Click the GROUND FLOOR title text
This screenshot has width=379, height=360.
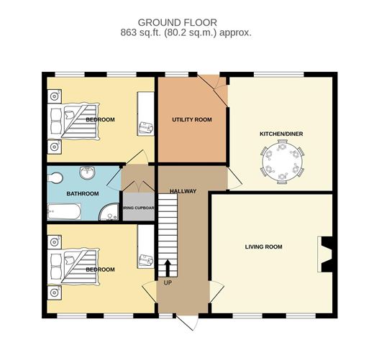click(178, 22)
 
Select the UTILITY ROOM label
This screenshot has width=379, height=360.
click(192, 119)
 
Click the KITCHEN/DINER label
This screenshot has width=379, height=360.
click(281, 134)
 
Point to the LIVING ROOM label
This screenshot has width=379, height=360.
click(264, 246)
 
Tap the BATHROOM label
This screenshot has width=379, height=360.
click(83, 193)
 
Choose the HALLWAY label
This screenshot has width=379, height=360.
click(183, 191)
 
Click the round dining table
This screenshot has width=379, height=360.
click(283, 162)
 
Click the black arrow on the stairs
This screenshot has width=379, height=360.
click(168, 268)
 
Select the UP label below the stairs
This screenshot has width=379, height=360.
click(168, 282)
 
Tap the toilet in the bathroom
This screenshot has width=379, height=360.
click(55, 178)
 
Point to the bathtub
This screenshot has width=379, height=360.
click(64, 212)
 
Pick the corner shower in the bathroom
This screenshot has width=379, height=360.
click(109, 212)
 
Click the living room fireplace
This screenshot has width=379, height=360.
click(325, 254)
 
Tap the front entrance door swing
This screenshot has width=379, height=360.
click(188, 322)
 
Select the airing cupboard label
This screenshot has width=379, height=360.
click(139, 208)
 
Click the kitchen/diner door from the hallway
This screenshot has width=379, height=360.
click(234, 179)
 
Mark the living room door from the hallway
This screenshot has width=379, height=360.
click(216, 292)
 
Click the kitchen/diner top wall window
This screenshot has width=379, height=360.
click(279, 75)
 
